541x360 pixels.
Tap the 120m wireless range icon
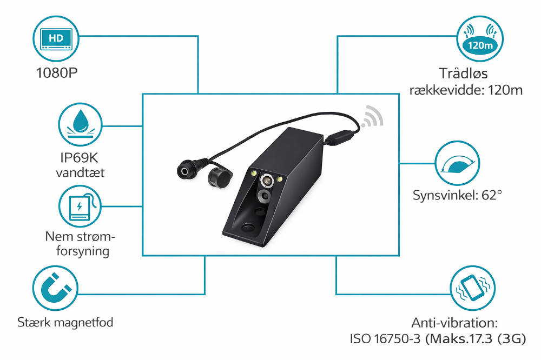479,39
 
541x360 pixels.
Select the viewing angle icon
458,164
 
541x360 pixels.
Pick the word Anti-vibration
454,324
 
